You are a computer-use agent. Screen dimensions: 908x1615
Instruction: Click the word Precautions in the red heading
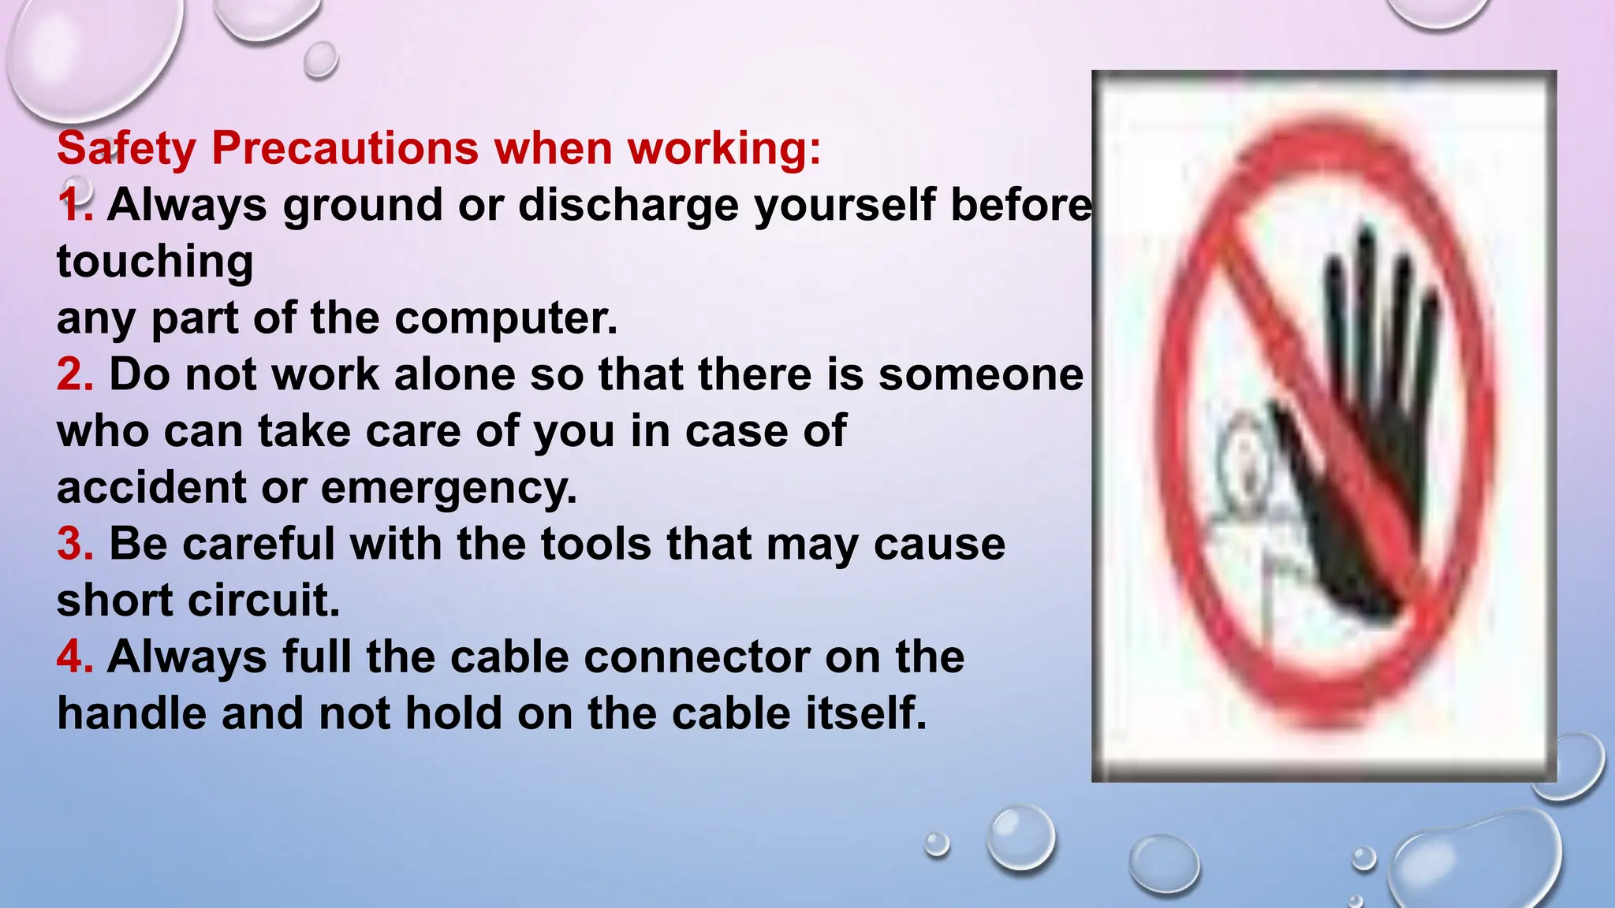tap(345, 148)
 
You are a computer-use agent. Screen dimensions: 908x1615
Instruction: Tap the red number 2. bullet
tap(75, 374)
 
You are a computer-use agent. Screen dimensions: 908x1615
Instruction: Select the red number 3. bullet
tap(75, 544)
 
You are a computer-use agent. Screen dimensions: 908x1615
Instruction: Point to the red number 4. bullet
tap(75, 657)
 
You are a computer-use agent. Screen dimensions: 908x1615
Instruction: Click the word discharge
tap(628, 206)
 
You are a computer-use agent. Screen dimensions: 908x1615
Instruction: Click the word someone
tap(980, 374)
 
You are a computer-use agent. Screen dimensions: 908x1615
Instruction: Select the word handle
tap(132, 713)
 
